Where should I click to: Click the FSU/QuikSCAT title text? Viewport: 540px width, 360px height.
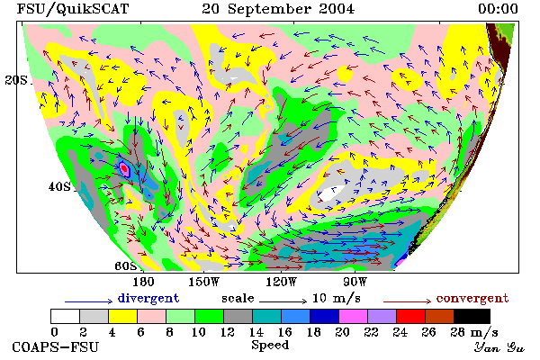pos(73,9)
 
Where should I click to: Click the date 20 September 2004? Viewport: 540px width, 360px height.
pos(278,9)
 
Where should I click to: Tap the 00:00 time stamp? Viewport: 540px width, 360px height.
pos(498,9)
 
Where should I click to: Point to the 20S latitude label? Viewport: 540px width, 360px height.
pos(16,80)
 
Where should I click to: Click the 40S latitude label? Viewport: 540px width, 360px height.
pos(59,186)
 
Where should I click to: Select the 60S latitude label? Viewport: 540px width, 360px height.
pos(126,266)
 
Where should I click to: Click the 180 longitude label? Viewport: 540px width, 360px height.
pos(143,282)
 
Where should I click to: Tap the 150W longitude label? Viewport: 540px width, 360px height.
pos(204,282)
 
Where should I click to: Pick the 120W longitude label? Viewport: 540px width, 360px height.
pos(281,282)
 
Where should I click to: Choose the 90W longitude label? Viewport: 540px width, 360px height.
pos(355,282)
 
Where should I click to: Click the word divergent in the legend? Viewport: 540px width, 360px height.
pos(148,298)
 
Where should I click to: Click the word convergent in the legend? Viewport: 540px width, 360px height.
pos(472,298)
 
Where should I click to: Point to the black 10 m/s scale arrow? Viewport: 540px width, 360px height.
pos(283,301)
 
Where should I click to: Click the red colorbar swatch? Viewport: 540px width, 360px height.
pos(410,316)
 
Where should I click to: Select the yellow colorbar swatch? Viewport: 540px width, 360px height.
pos(122,316)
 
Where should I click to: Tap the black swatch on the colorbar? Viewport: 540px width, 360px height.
pos(472,316)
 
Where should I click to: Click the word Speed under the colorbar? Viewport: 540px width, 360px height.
pos(270,346)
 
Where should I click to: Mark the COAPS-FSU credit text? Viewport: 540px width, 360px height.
pos(55,346)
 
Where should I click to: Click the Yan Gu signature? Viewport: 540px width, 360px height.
pos(499,347)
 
